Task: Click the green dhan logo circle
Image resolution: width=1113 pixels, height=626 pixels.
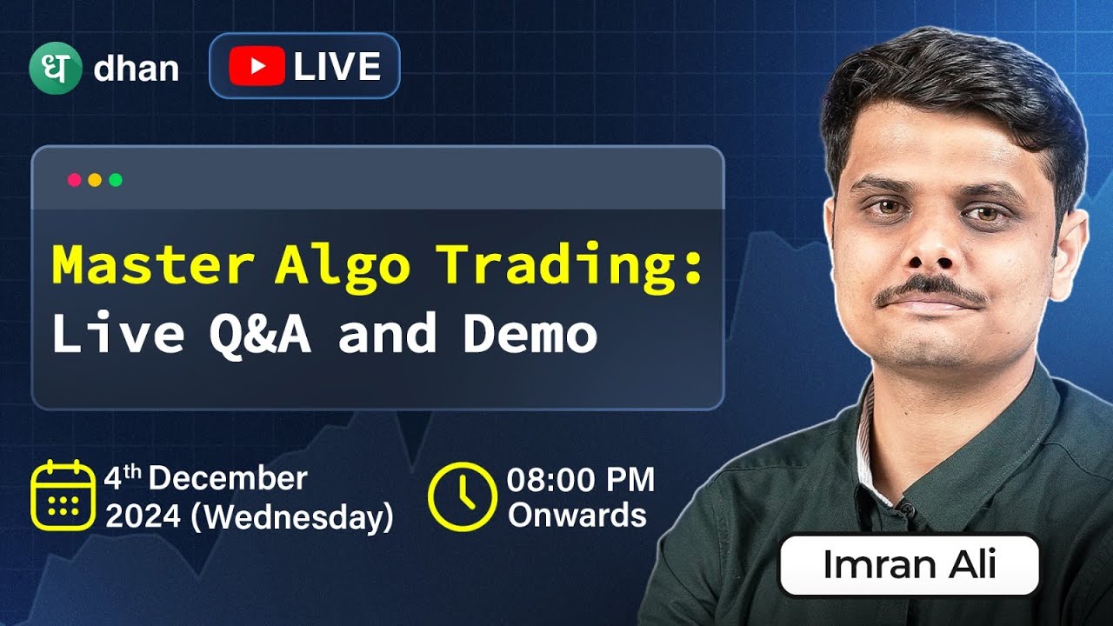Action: point(55,68)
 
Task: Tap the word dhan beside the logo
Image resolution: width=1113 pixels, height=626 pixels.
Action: point(136,69)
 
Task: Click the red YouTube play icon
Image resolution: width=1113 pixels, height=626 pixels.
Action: point(257,67)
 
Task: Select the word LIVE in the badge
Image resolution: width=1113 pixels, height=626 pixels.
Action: point(337,67)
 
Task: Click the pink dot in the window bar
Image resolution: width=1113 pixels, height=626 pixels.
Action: point(74,180)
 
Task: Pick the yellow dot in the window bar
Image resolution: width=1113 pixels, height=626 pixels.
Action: point(95,180)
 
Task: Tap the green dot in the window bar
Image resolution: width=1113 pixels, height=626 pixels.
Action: point(116,180)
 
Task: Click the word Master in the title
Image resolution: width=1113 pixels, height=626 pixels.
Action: point(153,266)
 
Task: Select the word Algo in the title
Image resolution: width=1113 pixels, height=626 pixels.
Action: point(342,266)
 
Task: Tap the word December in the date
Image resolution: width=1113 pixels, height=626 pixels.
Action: point(234,479)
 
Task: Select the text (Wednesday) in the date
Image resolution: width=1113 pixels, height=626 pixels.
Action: point(291,517)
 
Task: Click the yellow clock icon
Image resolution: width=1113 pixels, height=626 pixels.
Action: point(462,496)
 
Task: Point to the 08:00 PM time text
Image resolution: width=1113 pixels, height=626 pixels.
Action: point(581,480)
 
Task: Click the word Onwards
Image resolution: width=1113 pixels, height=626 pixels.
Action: point(577,515)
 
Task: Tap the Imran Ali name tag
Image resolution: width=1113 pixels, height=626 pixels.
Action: point(909,565)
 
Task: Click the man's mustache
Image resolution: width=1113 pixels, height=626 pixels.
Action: point(930,291)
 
